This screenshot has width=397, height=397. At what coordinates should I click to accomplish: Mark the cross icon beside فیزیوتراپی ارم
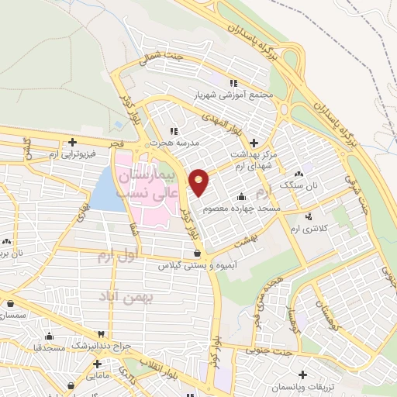click(x=71, y=142)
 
